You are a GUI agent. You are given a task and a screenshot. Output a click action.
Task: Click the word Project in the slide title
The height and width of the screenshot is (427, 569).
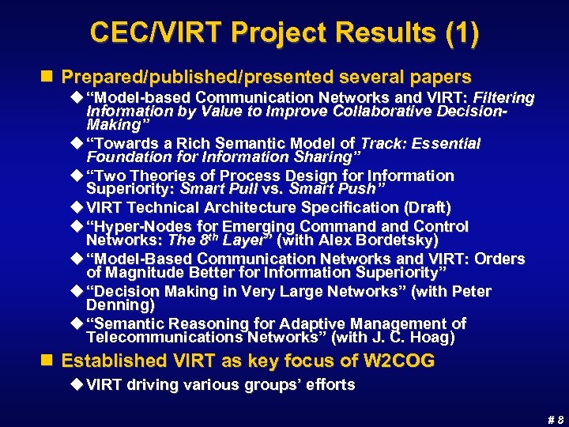click(265, 33)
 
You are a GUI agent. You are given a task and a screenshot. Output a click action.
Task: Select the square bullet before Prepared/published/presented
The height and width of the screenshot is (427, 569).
click(51, 77)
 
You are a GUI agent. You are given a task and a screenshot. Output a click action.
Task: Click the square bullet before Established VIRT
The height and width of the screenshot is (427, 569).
click(51, 361)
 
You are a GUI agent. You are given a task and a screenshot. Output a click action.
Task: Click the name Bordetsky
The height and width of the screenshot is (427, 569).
click(382, 240)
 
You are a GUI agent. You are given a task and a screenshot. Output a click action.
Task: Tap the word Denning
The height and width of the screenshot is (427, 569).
click(120, 305)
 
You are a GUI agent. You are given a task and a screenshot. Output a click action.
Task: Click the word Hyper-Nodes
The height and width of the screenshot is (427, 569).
click(134, 227)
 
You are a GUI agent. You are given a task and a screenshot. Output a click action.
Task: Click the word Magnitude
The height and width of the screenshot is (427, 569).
click(145, 273)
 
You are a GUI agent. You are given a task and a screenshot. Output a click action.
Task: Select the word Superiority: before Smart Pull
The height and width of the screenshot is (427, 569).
click(130, 190)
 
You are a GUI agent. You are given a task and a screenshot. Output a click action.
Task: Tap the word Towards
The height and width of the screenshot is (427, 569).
click(126, 144)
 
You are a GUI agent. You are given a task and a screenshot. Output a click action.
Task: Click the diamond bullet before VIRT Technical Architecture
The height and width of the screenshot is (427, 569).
click(77, 208)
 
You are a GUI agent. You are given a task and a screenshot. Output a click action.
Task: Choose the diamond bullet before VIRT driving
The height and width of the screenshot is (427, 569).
click(77, 385)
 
